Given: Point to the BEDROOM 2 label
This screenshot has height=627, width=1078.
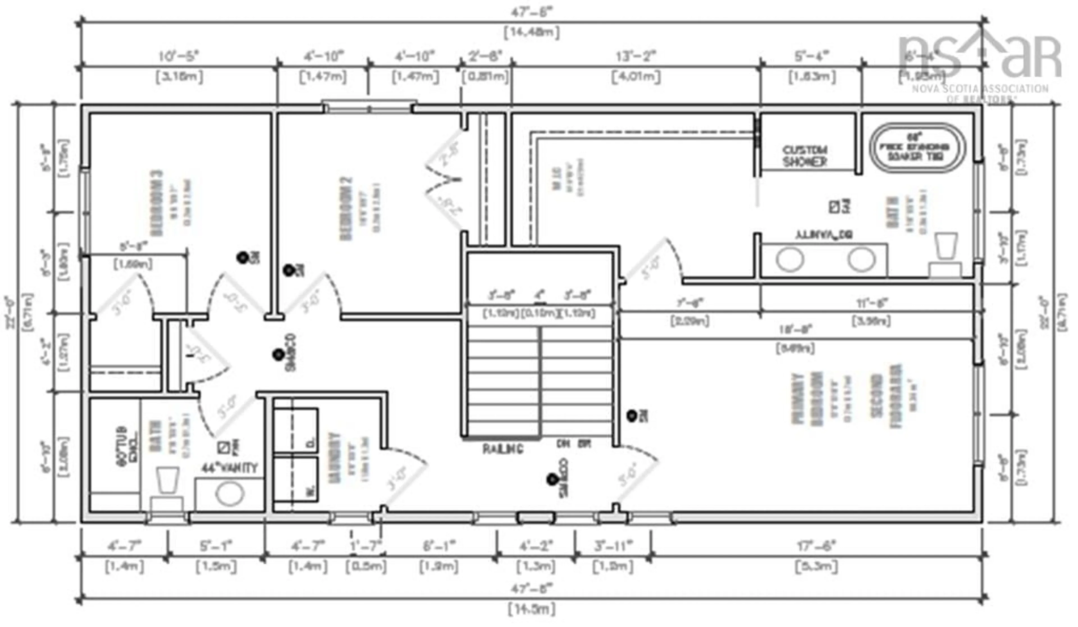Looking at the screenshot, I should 346,209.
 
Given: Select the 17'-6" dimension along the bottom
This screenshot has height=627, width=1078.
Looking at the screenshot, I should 816,546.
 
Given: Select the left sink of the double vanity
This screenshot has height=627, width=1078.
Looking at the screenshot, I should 790,260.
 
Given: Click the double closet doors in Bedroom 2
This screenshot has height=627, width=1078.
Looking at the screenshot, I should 445,180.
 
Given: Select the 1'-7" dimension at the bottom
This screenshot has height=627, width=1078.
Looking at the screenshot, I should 366,546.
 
